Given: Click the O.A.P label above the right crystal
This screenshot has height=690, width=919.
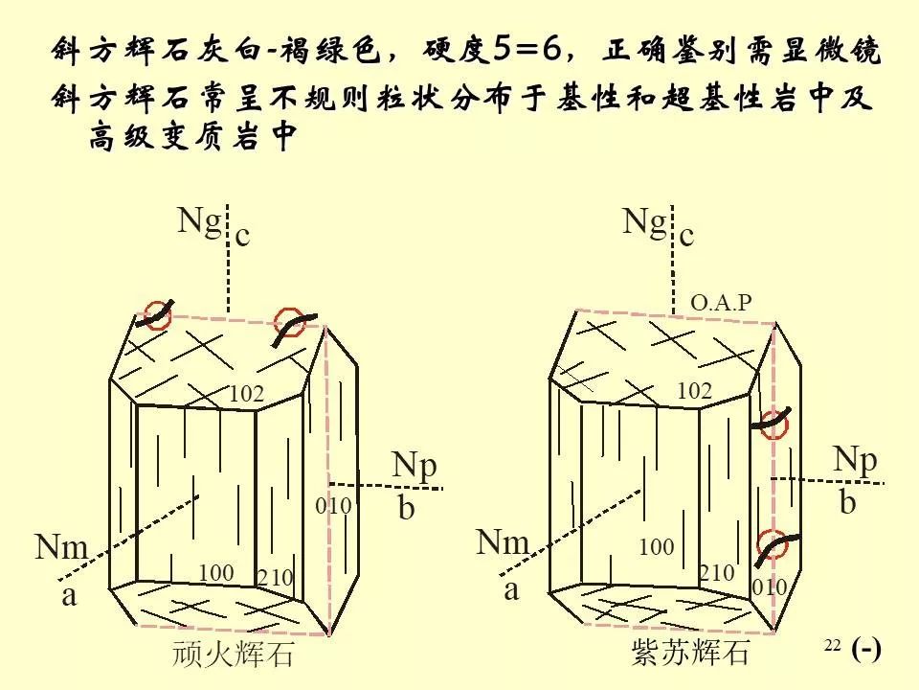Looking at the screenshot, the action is pyautogui.click(x=721, y=302).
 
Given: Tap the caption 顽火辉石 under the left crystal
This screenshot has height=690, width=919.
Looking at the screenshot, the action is pyautogui.click(x=233, y=654).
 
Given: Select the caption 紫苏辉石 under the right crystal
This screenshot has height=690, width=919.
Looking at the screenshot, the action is pyautogui.click(x=690, y=652).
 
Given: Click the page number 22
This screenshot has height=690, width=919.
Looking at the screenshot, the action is pyautogui.click(x=832, y=645).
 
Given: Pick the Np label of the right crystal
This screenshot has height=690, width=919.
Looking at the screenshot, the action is pyautogui.click(x=855, y=462).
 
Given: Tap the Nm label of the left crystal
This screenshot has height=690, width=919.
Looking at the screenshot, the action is pyautogui.click(x=61, y=546).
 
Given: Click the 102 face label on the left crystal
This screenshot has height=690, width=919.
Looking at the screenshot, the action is pyautogui.click(x=246, y=394).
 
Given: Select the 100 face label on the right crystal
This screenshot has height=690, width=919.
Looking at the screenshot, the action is pyautogui.click(x=657, y=547).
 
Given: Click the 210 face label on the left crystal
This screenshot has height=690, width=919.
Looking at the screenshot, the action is pyautogui.click(x=276, y=578).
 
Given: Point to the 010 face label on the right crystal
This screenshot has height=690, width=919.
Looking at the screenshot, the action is pyautogui.click(x=770, y=586).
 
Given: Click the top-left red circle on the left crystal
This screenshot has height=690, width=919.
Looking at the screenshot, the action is pyautogui.click(x=158, y=315).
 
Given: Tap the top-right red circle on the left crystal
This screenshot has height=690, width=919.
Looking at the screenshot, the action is pyautogui.click(x=289, y=322).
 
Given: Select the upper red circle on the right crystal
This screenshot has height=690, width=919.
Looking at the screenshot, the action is pyautogui.click(x=773, y=425).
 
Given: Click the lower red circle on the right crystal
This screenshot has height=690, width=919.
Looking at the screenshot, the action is pyautogui.click(x=773, y=544).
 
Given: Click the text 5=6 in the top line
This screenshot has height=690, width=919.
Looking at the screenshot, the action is pyautogui.click(x=527, y=49).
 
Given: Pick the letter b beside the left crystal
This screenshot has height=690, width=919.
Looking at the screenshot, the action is pyautogui.click(x=406, y=508).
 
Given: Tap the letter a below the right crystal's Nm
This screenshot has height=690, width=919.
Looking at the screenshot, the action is pyautogui.click(x=511, y=589).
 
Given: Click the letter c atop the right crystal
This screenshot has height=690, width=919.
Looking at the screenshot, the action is pyautogui.click(x=687, y=236).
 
